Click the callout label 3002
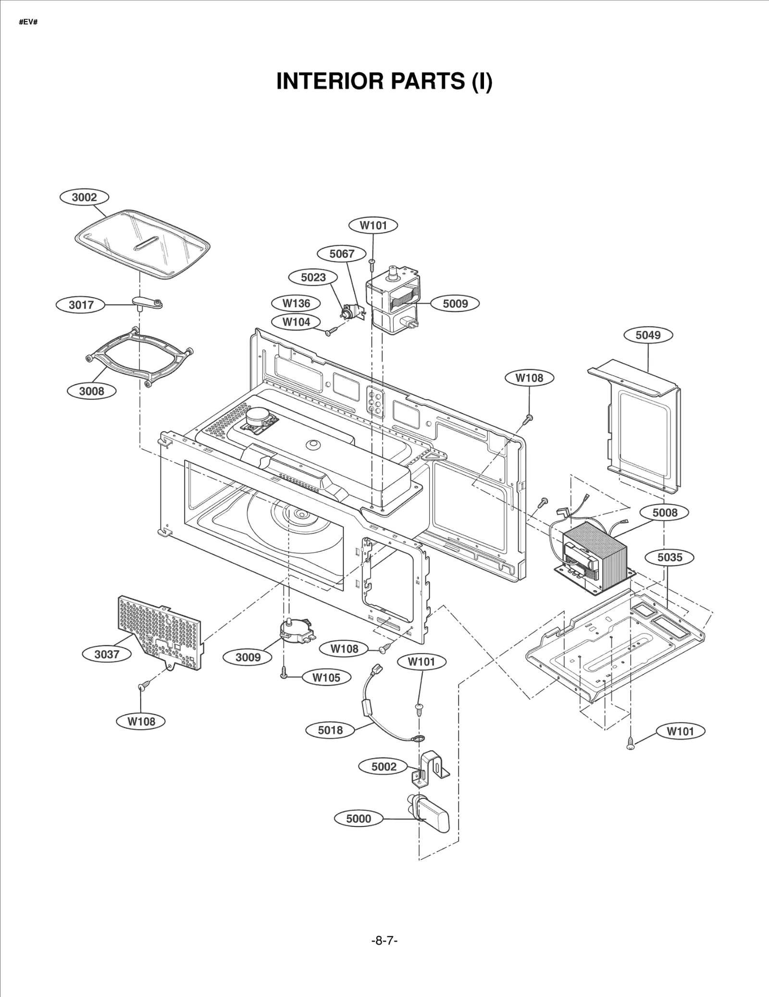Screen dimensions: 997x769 (84, 197)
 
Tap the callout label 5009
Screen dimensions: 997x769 (455, 303)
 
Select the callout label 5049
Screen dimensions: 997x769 (648, 335)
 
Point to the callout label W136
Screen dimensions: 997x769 (296, 303)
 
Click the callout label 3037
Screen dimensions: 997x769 (106, 654)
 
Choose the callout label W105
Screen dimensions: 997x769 (326, 678)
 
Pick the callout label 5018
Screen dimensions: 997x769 (330, 730)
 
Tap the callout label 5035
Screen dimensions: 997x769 (670, 557)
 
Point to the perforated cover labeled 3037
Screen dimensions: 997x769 (159, 630)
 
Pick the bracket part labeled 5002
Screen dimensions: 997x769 (430, 769)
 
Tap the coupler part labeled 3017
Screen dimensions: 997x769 (147, 303)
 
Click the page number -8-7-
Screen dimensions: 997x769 (384, 940)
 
